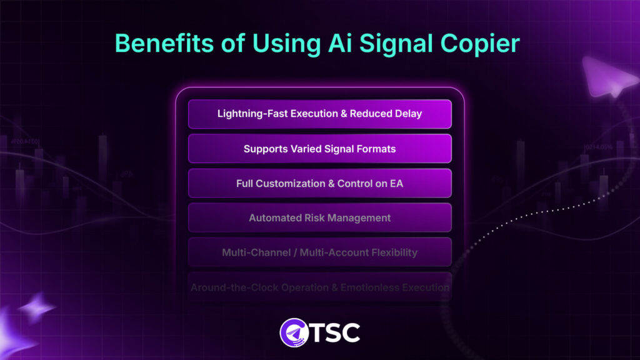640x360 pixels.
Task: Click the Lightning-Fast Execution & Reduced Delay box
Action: [319, 114]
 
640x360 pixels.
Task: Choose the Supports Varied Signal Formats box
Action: [319, 149]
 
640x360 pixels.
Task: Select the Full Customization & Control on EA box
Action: [319, 184]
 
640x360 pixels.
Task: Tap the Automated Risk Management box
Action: [319, 218]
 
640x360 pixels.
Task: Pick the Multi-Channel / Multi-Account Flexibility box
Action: [319, 252]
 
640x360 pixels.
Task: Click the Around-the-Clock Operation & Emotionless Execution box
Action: [319, 287]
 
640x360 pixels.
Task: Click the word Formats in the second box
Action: [376, 149]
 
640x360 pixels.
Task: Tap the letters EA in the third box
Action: [397, 184]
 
